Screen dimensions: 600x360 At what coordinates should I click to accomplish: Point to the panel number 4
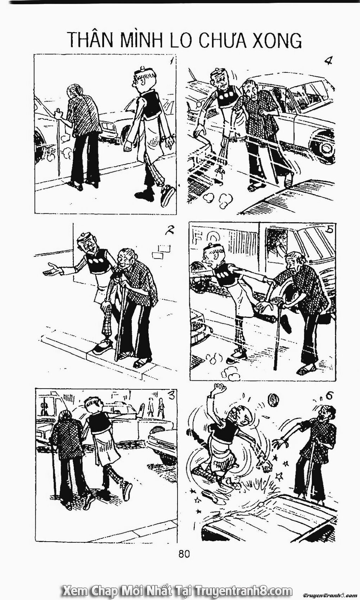(x=327, y=60)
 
